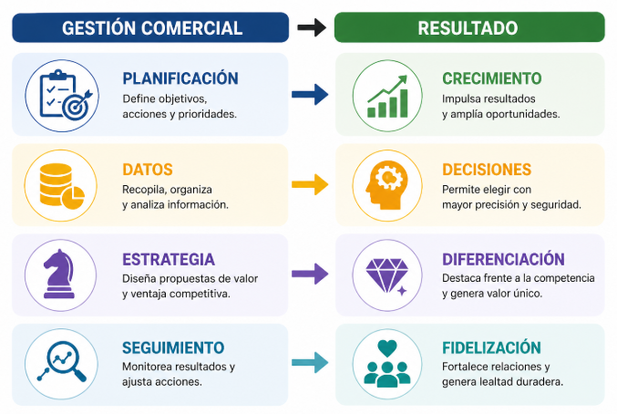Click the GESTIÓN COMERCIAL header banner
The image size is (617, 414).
point(150,27)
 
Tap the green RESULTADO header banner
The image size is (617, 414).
point(469,27)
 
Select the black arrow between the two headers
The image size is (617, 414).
point(312,27)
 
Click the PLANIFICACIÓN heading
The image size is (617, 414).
point(180,78)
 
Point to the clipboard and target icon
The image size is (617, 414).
point(65,95)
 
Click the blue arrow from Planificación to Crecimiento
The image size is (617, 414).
point(310,95)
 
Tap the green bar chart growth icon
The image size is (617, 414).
point(387,97)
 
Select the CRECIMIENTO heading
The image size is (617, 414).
point(492,78)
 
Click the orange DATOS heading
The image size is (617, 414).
point(148,170)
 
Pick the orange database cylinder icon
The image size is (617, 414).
point(62,184)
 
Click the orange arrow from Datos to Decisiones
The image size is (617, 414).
point(310,184)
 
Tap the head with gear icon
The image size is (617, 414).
point(386,184)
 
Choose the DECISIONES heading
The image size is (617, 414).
point(487,170)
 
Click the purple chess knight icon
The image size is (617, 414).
point(59,274)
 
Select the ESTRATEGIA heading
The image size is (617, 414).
point(169,260)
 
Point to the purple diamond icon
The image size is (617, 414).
point(387,276)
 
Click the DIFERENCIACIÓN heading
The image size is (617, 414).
point(503,259)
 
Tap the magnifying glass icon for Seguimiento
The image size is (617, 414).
point(62,362)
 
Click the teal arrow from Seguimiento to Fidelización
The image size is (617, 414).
point(310,362)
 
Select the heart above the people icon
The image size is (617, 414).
point(387,347)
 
